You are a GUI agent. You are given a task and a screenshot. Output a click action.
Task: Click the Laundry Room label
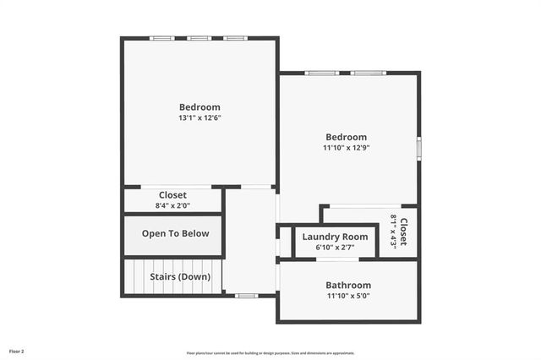coord(336,237)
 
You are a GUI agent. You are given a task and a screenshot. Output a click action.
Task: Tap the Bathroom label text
coord(348,286)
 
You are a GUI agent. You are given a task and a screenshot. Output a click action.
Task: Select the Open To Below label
coord(175,234)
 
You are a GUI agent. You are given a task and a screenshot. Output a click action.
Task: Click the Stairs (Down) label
coord(180,276)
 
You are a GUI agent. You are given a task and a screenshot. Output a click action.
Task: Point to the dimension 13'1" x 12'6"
coord(199,118)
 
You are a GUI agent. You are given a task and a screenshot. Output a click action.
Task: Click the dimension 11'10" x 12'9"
coord(347,148)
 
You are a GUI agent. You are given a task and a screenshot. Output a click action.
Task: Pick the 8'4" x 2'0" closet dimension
coord(172,205)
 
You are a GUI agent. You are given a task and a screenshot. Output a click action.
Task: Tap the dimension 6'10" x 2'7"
coord(336,248)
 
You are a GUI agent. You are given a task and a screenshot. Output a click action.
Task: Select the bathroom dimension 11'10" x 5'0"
coord(348,296)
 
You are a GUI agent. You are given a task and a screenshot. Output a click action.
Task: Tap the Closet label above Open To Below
coord(172,195)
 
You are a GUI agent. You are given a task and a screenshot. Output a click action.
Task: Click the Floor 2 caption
coord(17,351)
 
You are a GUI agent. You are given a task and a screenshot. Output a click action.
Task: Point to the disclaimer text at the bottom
coord(270,353)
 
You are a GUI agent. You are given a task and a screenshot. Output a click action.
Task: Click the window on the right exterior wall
coord(418,148)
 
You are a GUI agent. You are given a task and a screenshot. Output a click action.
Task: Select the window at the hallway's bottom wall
coord(246,296)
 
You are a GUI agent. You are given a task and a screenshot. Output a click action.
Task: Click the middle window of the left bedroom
coord(199,38)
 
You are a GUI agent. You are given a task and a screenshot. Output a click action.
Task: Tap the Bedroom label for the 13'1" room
coord(199,107)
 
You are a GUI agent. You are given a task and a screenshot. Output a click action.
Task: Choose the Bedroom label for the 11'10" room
coord(347,137)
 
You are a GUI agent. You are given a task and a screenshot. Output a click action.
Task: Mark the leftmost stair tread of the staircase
coord(128,276)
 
